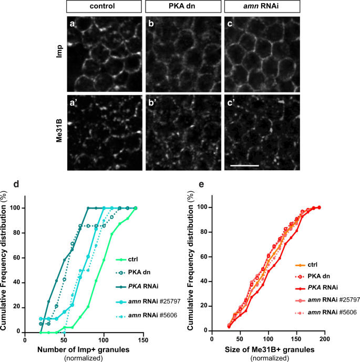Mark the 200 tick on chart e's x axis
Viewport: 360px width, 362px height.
pos(325,339)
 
